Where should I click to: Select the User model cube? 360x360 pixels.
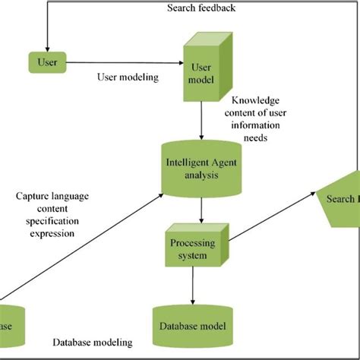[x=201, y=73]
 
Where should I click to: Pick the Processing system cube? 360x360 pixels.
[x=191, y=249]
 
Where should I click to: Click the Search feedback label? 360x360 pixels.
[x=201, y=8]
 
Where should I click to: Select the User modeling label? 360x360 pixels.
[x=128, y=76]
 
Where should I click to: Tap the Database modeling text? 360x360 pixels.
[x=93, y=343]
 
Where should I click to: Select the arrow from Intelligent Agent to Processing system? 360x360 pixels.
[x=201, y=209]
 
